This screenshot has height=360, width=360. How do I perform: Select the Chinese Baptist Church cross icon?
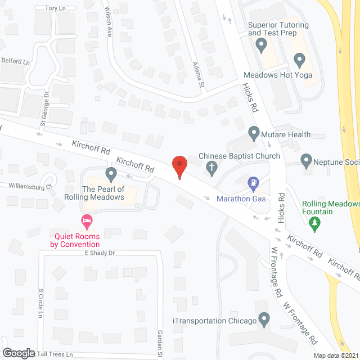coord(211,166)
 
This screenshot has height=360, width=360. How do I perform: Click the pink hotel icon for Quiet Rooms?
coord(86,220)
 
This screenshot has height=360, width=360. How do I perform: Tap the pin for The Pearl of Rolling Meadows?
coord(111,173)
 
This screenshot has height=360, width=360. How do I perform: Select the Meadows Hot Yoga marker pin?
coord(299,58)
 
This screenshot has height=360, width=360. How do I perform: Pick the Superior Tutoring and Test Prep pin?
coord(260,44)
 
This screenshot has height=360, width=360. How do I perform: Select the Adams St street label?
coord(198,74)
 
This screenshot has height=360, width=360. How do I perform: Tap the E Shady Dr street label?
coord(100,253)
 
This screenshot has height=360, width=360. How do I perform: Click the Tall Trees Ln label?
coord(55,354)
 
